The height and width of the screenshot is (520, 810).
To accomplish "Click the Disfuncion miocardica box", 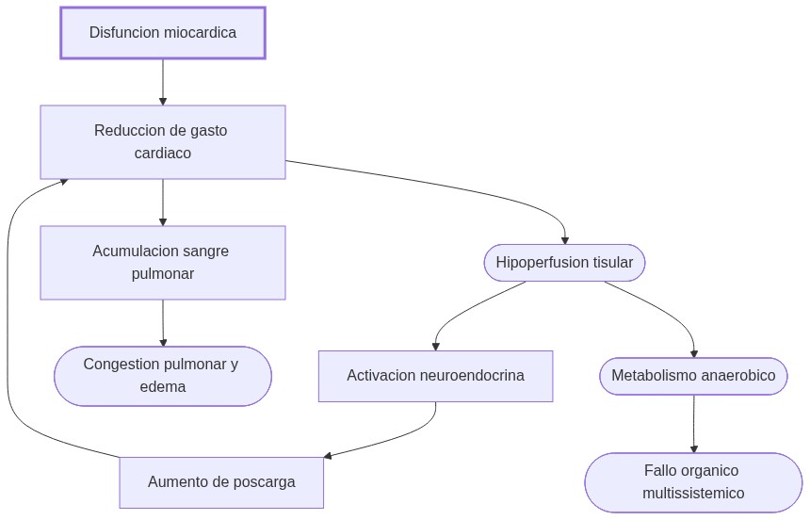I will pos(163,33).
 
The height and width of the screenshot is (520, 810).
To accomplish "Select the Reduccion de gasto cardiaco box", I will pos(163,142).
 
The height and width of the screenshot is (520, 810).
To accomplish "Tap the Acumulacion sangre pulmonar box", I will pos(163,263).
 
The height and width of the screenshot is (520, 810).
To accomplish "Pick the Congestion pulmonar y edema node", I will pos(163,376).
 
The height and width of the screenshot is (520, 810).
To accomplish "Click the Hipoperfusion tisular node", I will pos(564,263).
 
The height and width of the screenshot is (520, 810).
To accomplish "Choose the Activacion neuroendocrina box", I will pos(435,376).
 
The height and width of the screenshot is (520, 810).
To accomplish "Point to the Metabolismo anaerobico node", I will pos(693,376).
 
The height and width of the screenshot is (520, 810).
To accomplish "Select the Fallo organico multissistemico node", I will pos(693,481).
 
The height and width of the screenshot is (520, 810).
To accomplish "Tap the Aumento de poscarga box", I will pos(221,482).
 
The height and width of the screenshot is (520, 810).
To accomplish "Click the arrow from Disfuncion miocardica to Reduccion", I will pos(163,82).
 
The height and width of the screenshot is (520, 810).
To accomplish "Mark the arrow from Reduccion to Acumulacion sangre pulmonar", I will pos(163,202).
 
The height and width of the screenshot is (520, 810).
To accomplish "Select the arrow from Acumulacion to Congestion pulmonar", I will pos(163,323).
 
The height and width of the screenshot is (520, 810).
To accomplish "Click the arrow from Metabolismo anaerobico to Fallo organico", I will pos(694,424).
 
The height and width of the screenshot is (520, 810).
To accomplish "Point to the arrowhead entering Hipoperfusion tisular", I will pos(564,240).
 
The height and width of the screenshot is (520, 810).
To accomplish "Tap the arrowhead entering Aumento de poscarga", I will pos(329,457).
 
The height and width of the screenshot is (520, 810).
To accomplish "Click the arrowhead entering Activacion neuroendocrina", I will pos(435,346).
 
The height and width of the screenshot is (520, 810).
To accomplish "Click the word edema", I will pos(163,387).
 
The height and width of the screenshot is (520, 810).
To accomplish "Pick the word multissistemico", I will pos(693,494).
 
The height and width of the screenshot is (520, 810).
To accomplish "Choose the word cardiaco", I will pos(163,154).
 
